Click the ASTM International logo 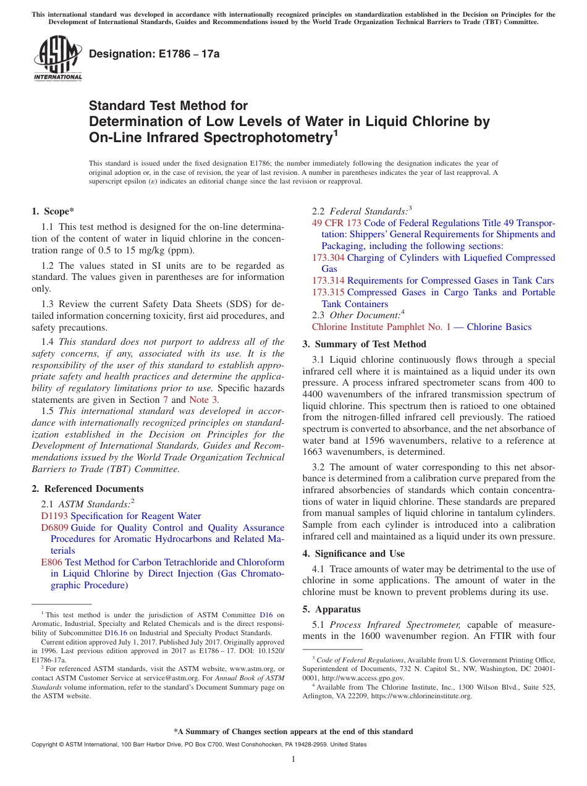(x=57, y=59)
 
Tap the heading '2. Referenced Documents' (x=79, y=489)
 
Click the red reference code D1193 (x=54, y=516)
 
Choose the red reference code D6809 (x=54, y=528)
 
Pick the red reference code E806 (x=51, y=562)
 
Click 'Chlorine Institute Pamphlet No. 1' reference (x=381, y=327)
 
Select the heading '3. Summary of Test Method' (x=364, y=344)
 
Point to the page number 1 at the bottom (x=293, y=759)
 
